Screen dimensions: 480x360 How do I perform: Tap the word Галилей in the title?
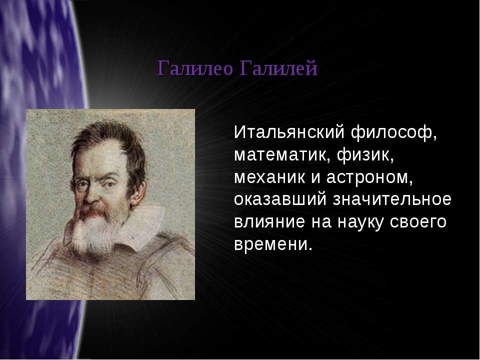point(278,68)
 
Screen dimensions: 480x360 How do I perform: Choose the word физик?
point(365,155)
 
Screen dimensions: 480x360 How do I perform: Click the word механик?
point(269,177)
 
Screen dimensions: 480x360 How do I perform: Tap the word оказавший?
point(280,199)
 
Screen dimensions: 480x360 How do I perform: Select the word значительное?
point(392,199)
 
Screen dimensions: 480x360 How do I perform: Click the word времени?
point(273,244)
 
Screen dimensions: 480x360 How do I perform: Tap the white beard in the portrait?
point(92,232)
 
